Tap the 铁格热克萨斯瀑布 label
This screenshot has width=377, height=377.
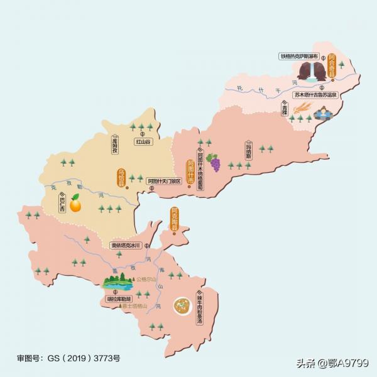point(300,56)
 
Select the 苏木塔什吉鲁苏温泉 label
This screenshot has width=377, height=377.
point(315,95)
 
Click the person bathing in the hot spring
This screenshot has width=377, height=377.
point(323,114)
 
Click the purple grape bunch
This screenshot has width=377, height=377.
point(215,162)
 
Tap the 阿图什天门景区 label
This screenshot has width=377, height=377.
point(164,182)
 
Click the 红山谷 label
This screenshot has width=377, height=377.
point(143,141)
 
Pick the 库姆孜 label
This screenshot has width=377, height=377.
point(115,146)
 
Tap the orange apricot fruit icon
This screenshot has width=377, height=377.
point(75,204)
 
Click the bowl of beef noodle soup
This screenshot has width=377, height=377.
point(183,305)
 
